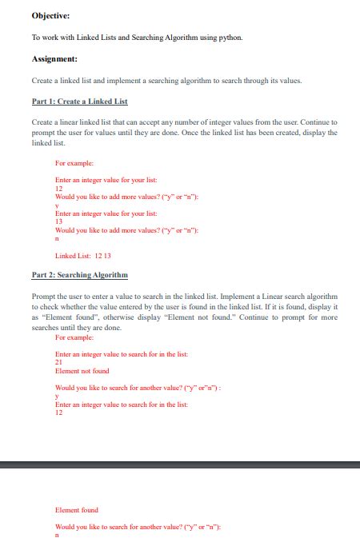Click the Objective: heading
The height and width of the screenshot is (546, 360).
[x=50, y=15]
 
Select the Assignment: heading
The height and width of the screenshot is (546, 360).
[x=54, y=59]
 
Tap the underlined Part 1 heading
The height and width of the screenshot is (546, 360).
[x=79, y=102]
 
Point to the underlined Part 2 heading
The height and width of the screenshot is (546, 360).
[x=79, y=275]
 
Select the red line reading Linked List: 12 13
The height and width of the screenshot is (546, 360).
[x=82, y=256]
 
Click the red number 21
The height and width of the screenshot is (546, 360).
[x=58, y=361]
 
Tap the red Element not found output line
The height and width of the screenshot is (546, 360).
[x=82, y=371]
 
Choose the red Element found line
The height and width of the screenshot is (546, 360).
[x=76, y=509]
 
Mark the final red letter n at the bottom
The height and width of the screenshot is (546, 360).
[x=57, y=535]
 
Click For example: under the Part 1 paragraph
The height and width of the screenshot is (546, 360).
[x=73, y=162]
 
